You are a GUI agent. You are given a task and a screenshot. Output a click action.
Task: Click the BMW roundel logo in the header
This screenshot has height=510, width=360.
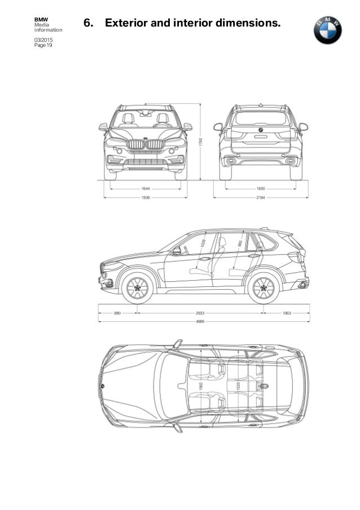[328, 30]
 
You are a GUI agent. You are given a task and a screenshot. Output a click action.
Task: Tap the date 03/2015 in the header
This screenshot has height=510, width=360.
[42, 41]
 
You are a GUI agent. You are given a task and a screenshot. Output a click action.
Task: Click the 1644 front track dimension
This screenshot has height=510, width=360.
[146, 187]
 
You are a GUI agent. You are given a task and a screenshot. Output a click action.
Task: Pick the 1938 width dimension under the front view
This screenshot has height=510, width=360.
[146, 198]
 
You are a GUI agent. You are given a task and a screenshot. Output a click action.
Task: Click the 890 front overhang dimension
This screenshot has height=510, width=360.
[117, 311]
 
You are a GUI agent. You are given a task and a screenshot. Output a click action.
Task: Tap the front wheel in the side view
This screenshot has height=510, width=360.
[138, 289]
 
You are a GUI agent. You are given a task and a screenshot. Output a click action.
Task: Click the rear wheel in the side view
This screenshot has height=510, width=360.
[263, 289]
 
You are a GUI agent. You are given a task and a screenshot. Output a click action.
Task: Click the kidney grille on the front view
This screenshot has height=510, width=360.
[146, 145]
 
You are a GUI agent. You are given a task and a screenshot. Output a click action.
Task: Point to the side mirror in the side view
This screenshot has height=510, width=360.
[177, 251]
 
